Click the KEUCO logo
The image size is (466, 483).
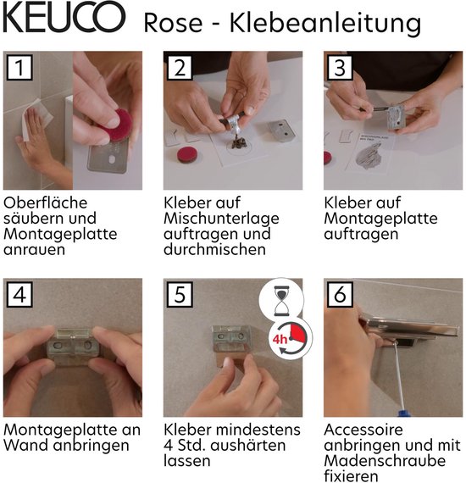click(x=64, y=18)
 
